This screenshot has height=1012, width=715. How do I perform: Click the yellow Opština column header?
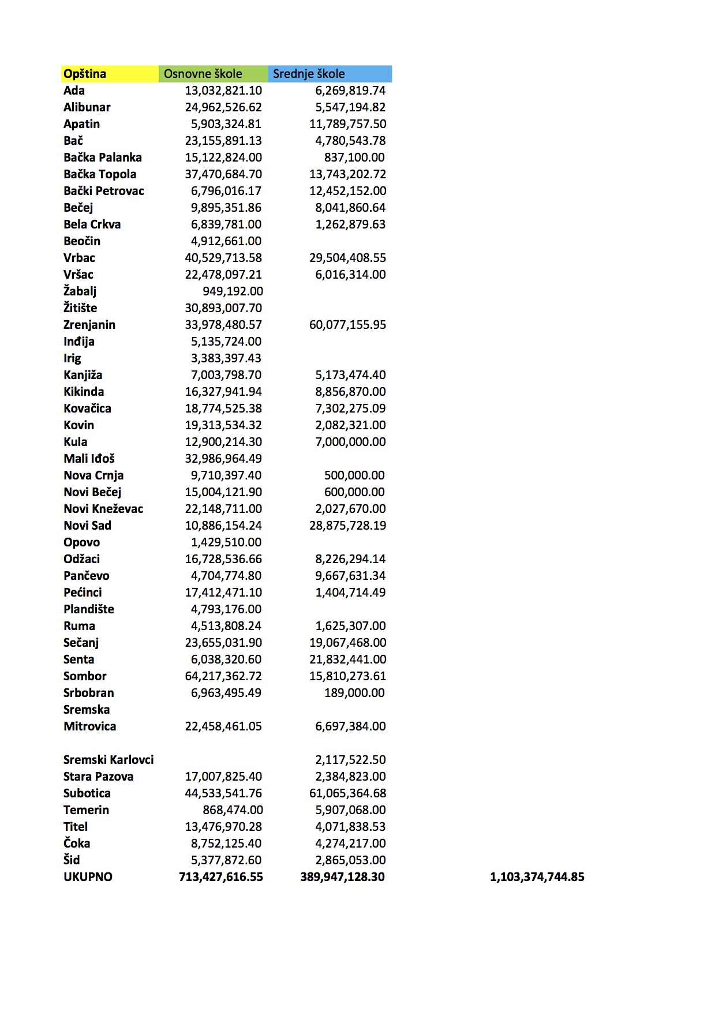[x=85, y=74]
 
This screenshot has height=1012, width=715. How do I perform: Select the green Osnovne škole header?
[x=203, y=74]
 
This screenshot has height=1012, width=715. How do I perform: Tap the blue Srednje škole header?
[x=309, y=74]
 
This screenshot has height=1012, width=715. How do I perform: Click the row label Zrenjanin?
[x=89, y=325]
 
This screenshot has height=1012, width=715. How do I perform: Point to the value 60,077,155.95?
[x=347, y=325]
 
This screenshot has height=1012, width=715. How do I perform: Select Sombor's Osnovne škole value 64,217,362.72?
[x=223, y=676]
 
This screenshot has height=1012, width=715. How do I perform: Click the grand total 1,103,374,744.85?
[x=537, y=877]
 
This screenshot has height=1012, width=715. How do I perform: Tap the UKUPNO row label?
[x=88, y=877]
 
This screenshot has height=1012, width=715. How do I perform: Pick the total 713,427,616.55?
[x=221, y=877]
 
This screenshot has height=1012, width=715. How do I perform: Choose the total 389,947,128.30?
[x=342, y=877]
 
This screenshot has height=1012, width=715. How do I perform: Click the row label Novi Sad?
[x=87, y=526]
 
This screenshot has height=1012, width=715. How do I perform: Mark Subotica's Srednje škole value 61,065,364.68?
[x=347, y=793]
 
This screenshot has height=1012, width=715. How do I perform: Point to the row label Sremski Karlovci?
[x=108, y=760]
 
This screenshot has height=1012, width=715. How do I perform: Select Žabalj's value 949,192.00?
[x=233, y=291]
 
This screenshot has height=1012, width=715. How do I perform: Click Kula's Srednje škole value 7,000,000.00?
[x=350, y=442]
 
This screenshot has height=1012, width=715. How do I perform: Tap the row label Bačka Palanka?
[x=103, y=158]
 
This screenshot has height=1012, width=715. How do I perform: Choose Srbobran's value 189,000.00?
[x=354, y=693]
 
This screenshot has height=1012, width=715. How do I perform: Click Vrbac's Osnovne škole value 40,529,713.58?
[x=223, y=258]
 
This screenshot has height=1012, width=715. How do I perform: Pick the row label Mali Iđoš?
[x=89, y=459]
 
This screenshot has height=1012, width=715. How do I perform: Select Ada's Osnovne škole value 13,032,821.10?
[x=223, y=91]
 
